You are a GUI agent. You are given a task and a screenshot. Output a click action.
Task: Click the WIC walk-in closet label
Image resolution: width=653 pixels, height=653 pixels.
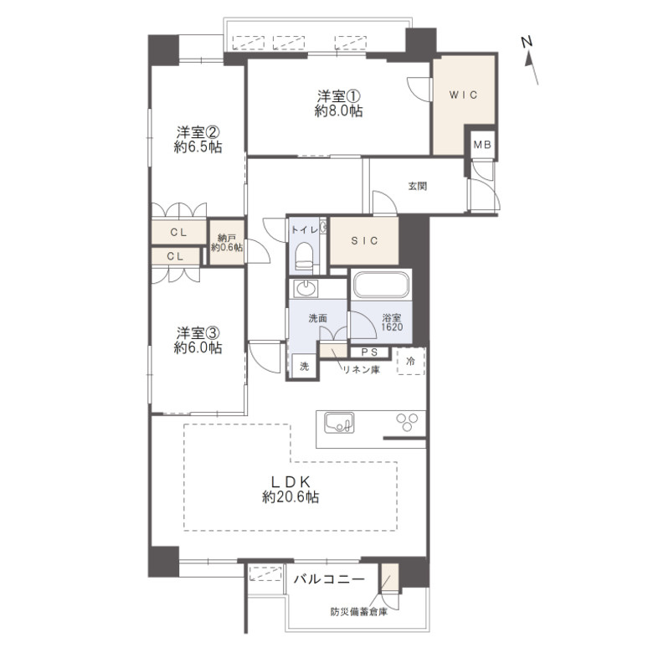463,95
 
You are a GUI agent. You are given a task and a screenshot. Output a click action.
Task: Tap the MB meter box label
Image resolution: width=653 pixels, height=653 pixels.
483,145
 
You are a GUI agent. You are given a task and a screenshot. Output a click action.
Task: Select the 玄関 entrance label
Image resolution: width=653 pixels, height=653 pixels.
417,186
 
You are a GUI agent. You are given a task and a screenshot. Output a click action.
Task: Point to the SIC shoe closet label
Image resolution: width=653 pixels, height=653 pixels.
364,241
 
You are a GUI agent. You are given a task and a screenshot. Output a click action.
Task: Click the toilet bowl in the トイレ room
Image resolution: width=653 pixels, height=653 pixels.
304,256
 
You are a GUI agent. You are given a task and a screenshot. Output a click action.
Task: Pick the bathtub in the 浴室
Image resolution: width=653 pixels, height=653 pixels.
382,285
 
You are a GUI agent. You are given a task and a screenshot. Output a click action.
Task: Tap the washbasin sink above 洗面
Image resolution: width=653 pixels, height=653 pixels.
306,289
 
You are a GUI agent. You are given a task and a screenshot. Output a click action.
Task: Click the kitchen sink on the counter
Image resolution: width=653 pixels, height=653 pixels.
339,423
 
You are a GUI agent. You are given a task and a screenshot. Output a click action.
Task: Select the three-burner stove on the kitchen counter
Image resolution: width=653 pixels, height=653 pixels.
407,421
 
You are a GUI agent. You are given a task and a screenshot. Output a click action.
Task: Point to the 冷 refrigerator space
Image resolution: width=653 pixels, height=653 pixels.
411,361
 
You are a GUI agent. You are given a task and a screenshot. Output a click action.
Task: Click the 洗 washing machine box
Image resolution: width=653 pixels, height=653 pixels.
305,366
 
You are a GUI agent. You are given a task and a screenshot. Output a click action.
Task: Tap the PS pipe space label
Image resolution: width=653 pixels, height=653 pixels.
369,352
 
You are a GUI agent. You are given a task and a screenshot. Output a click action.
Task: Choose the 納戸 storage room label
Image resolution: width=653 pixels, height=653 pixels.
227,239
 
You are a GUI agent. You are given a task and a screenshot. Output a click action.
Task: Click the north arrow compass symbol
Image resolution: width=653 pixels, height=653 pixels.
530,60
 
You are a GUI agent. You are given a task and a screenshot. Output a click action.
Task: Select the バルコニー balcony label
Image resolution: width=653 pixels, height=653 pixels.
329,578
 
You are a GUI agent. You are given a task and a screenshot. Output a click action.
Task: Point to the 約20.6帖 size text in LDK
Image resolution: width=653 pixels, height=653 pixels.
291,496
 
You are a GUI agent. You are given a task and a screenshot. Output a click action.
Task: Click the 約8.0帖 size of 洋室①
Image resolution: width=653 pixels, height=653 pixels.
338,111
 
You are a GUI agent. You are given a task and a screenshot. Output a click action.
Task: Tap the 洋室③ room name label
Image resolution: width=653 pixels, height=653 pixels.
198,332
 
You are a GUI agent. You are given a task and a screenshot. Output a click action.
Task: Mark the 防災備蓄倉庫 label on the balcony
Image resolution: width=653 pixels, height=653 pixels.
358,612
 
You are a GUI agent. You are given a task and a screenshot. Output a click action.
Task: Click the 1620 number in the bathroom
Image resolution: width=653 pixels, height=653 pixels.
392,326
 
